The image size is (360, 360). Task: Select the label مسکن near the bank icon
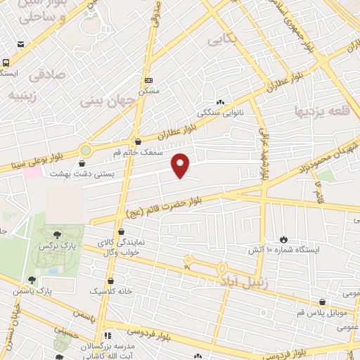[149, 91]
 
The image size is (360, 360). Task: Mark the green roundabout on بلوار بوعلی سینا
[85, 150]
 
